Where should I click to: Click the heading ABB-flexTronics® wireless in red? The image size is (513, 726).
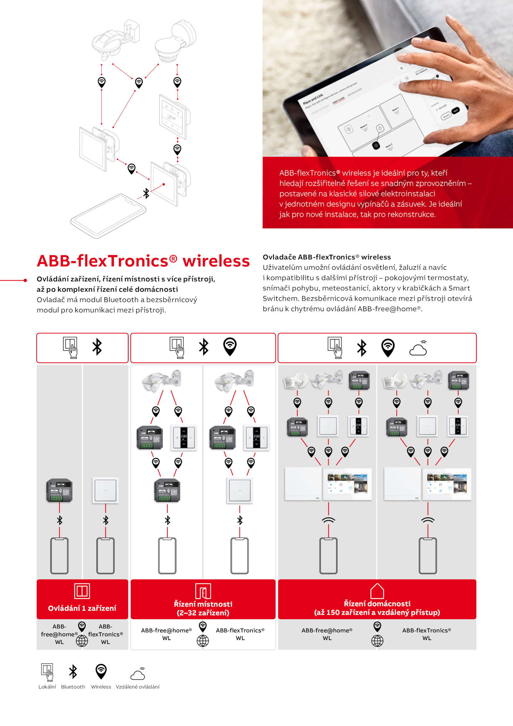[x=143, y=261]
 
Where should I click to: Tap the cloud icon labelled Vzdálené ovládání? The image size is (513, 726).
[x=138, y=673]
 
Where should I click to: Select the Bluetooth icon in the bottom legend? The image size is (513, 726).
[x=73, y=671]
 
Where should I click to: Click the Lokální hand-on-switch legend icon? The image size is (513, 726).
[x=47, y=672]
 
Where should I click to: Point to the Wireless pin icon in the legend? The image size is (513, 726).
[x=101, y=671]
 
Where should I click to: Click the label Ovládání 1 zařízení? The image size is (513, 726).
[x=82, y=608]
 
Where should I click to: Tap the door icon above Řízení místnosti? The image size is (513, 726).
[x=203, y=591]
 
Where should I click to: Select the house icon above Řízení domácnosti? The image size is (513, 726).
[x=377, y=591]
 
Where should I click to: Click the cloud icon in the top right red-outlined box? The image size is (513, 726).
[x=418, y=348]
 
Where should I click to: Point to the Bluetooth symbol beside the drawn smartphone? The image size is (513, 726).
[x=146, y=193]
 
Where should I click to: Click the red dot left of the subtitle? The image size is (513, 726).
[x=25, y=280]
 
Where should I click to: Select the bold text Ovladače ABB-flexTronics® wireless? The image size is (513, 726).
[x=327, y=257]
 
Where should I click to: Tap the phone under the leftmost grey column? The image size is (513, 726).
[x=59, y=556]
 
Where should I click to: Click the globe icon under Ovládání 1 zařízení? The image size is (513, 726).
[x=82, y=641]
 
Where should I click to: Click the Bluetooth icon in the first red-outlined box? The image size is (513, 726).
[x=97, y=347]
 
